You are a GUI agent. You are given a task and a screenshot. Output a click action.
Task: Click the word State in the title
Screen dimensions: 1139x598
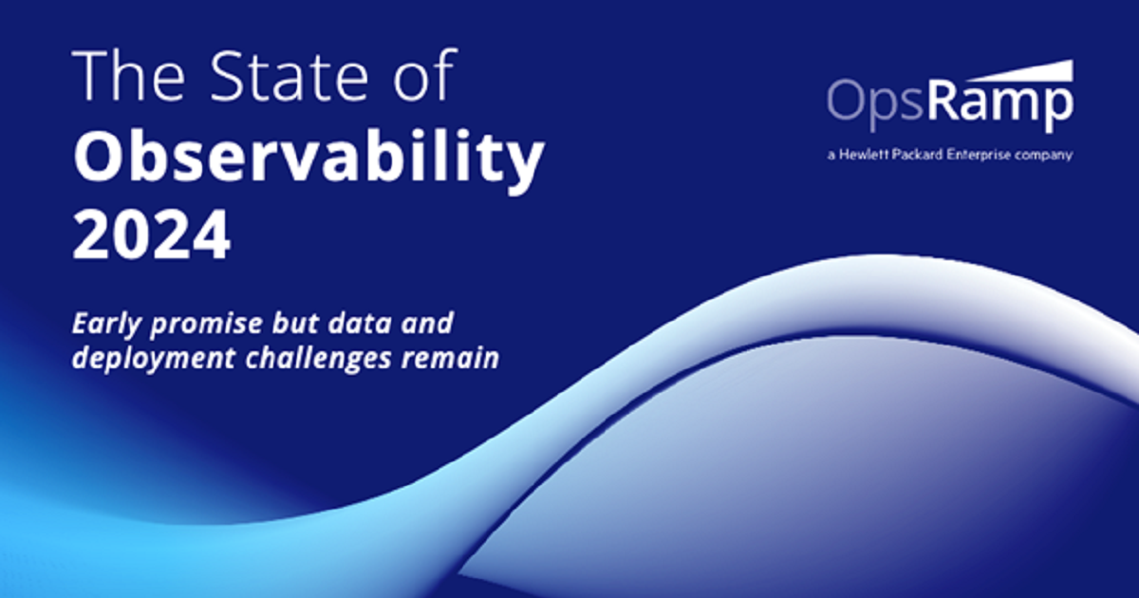tap(288, 76)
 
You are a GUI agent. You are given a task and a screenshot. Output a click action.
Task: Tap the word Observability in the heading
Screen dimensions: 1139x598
tap(309, 158)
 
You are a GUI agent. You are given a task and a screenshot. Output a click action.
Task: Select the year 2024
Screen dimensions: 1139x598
tap(152, 234)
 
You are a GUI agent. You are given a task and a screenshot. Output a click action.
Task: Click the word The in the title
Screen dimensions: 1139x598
tap(129, 76)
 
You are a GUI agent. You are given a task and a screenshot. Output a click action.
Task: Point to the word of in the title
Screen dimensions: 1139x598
tap(425, 75)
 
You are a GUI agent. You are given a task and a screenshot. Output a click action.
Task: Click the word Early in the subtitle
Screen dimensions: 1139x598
tap(106, 325)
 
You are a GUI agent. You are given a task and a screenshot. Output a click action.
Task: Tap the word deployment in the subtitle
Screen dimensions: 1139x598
tap(154, 359)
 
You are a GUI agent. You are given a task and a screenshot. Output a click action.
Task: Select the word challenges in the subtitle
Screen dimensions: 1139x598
tap(318, 359)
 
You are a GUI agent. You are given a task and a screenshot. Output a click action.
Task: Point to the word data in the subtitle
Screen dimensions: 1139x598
tap(360, 324)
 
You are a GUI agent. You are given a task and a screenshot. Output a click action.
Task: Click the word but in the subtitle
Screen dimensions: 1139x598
tap(295, 324)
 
